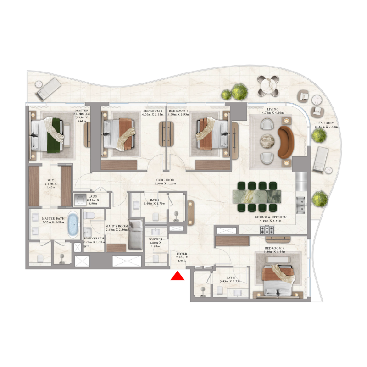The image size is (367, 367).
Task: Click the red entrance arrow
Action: [x=177, y=276]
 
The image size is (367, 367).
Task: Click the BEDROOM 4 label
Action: [x=275, y=248]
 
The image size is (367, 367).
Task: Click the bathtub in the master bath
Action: [x=73, y=224]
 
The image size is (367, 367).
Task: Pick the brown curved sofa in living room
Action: [x=285, y=142]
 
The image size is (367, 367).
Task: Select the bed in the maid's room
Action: [x=135, y=234]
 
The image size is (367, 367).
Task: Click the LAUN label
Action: [x=92, y=196]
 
